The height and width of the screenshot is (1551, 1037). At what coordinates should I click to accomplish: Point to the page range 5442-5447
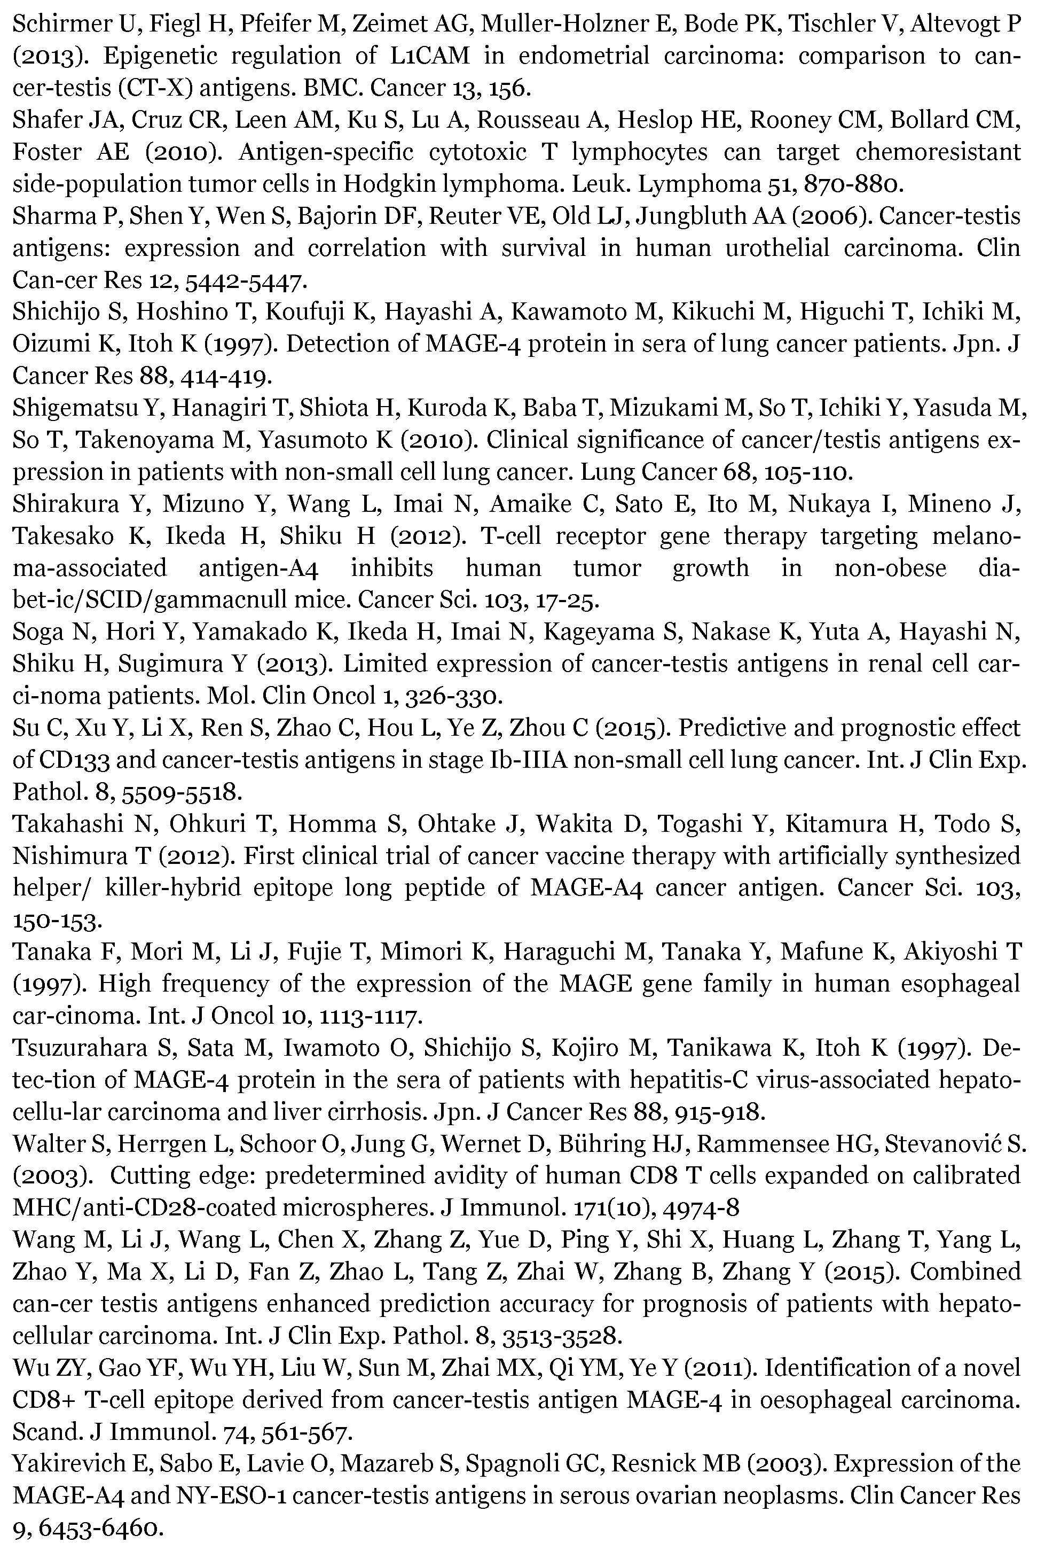pos(245,280)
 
